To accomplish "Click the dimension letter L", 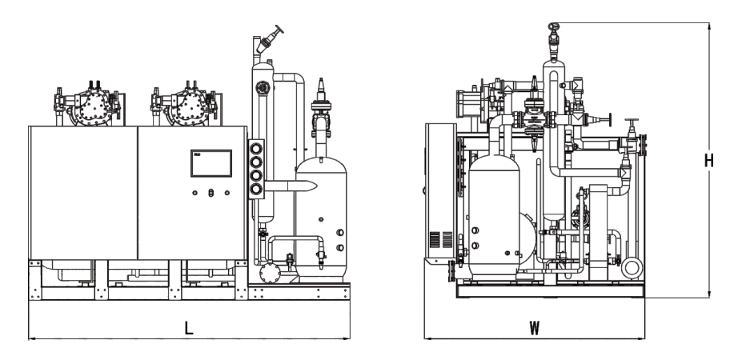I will click(x=189, y=327).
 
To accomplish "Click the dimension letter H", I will click(x=708, y=160).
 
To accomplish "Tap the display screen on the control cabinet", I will click(x=211, y=163).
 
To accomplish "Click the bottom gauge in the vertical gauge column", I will click(x=258, y=189).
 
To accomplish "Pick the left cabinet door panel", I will click(x=82, y=192).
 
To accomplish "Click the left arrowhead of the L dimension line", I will click(x=30, y=338).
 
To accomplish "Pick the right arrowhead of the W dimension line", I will click(x=643, y=338).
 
